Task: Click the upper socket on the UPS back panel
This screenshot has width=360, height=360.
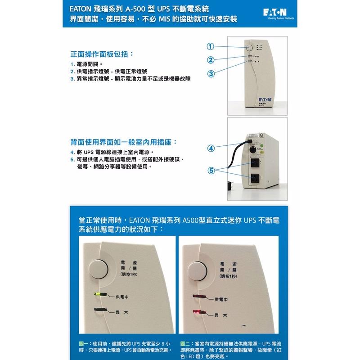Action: click(x=255, y=162)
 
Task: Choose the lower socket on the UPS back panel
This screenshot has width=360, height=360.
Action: click(x=255, y=178)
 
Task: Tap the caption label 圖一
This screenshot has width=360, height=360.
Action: click(x=84, y=343)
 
